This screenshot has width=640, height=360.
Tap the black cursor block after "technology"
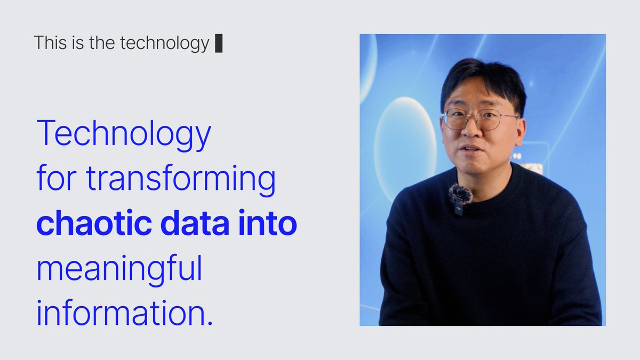[218, 43]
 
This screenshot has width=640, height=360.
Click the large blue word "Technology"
[124, 135]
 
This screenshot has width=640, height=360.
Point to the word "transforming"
[181, 180]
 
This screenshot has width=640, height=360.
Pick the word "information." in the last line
[124, 315]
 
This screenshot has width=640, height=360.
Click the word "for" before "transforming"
[57, 180]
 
